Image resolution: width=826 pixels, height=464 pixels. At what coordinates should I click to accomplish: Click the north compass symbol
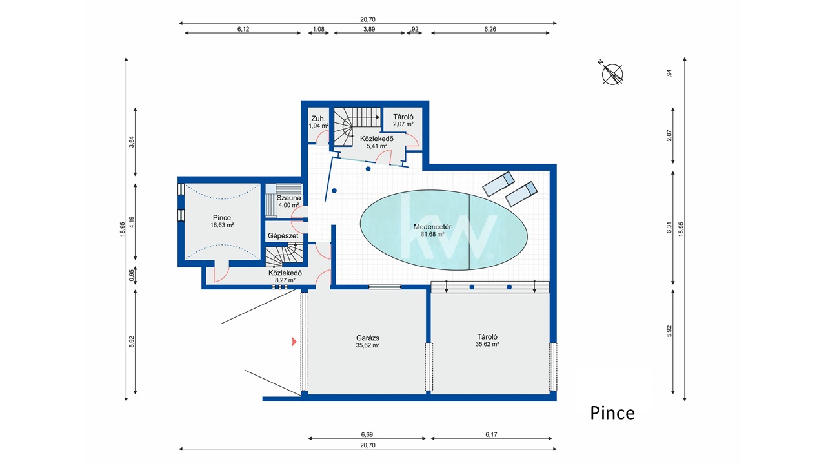pos(612,73)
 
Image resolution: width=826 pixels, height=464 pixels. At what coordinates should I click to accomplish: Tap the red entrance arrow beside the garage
pos(294,342)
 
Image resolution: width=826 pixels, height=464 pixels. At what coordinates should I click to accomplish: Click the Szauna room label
pos(288,198)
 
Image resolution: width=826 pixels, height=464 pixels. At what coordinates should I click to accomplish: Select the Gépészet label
pos(283,236)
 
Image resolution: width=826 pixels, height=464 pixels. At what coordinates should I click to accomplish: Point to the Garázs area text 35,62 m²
pos(368,345)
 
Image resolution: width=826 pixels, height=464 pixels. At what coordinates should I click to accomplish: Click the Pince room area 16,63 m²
pos(222,225)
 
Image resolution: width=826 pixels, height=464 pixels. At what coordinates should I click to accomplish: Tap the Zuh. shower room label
pos(318,119)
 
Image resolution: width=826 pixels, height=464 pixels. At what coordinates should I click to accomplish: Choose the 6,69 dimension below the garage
pos(367,434)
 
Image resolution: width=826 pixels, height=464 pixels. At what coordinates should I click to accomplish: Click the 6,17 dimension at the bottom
pos(491,434)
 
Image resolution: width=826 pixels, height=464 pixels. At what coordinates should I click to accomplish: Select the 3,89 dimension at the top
pos(369,29)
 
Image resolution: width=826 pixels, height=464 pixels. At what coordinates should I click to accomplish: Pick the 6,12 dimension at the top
pos(243,29)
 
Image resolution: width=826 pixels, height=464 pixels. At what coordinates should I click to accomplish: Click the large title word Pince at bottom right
pos(612,413)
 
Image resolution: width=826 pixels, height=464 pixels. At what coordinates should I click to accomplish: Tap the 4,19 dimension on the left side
pos(132,222)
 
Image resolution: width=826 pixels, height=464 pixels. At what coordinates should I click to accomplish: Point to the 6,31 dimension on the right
pos(669,227)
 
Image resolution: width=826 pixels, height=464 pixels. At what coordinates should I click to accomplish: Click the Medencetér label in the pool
pos(432,227)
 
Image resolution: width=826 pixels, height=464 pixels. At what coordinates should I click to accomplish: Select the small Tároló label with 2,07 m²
pos(403,117)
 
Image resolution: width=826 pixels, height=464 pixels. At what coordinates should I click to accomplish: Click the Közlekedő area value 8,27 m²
pos(285,280)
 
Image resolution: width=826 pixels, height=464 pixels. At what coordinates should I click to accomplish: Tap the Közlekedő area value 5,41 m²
pos(376,146)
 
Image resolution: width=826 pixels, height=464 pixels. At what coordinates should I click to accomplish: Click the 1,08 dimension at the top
pos(319,29)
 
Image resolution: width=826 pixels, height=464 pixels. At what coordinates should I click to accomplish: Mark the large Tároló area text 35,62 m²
pos(487,344)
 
